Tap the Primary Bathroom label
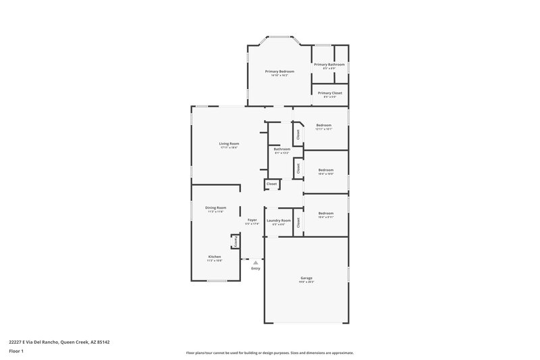pos(329,64)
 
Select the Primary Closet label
pos(329,93)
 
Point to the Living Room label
pos(229,143)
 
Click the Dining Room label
pos(215,207)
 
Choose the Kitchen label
pos(215,257)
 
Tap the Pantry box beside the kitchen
pos(235,240)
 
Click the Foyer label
pos(252,220)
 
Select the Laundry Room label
pos(278,220)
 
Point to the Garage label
pos(306,278)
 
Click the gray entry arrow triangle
pos(255,263)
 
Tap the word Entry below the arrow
pos(255,269)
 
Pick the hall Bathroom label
pos(281,149)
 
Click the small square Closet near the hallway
pos(271,184)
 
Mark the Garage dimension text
pos(306,282)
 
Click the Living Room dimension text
pos(229,147)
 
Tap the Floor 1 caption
pos(17,352)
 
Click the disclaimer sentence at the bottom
pos(270,353)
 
